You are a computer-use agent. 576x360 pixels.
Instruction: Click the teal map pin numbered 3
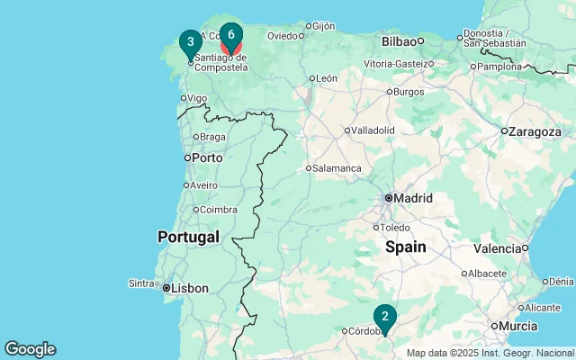[190, 42]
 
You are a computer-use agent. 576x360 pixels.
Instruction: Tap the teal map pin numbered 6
[231, 36]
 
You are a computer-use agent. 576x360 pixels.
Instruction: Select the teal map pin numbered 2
[385, 316]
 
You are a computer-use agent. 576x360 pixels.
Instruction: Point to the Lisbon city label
[191, 289]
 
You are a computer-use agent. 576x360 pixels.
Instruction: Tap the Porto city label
[206, 157]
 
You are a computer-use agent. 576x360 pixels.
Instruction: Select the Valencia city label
[497, 248]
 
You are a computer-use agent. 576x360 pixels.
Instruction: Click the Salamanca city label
[337, 168]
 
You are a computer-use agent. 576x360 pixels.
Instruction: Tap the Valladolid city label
[373, 130]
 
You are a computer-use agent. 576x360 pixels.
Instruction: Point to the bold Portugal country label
[188, 238]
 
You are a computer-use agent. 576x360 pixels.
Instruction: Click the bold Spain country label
[406, 247]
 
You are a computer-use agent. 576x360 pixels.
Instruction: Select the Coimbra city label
[219, 210]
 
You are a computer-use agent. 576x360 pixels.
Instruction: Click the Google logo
[30, 349]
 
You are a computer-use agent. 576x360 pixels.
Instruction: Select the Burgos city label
[409, 92]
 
